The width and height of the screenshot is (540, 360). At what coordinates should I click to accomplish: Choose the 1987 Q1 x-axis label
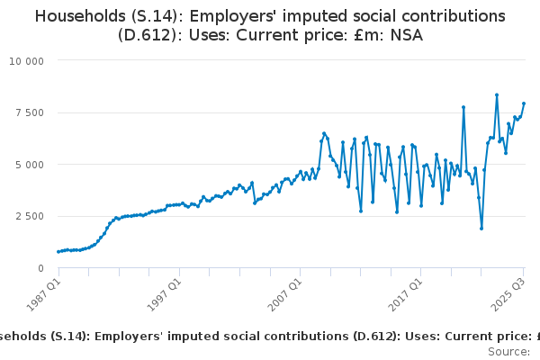(41, 295)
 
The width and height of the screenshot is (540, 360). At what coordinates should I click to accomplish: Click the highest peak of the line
(497, 94)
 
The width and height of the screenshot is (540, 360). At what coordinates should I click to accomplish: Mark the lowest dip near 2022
(481, 228)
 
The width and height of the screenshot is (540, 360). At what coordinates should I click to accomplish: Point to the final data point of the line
(523, 103)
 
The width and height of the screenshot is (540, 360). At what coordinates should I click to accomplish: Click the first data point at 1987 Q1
(58, 252)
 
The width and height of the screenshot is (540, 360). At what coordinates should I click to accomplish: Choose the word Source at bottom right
(508, 351)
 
